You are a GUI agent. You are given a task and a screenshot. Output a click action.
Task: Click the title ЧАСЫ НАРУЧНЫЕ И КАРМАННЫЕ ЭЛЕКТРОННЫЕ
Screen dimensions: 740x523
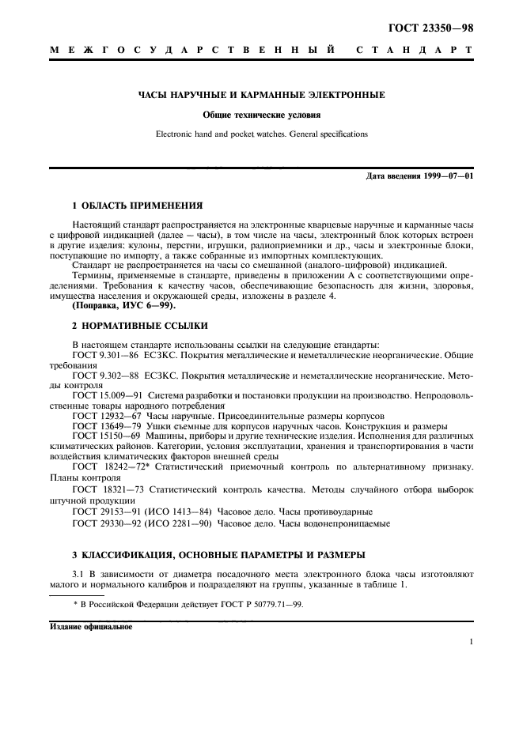click(x=262, y=95)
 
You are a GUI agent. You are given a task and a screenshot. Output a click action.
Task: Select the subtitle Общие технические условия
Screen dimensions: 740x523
click(x=261, y=115)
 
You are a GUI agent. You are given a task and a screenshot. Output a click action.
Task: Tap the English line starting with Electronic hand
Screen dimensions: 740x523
click(x=261, y=134)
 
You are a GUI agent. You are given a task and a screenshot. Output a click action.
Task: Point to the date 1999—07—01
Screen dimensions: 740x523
click(x=448, y=176)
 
